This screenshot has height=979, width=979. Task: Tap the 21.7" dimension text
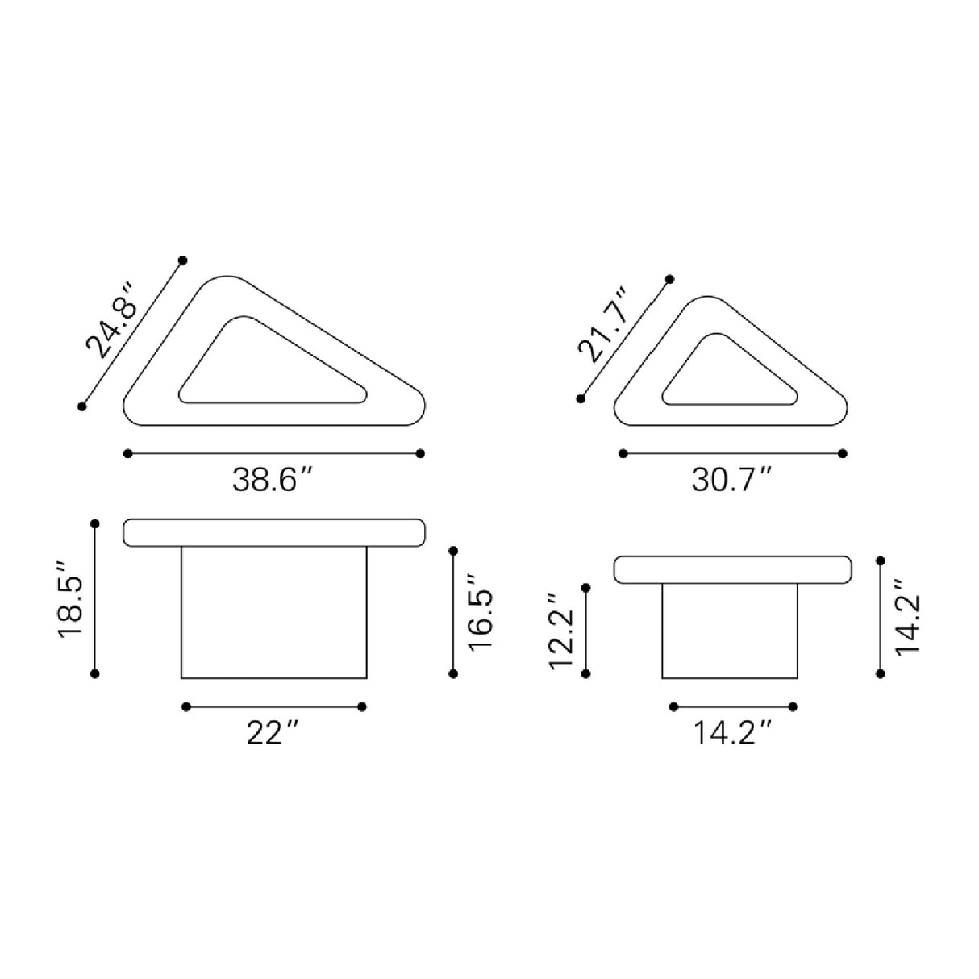click(603, 326)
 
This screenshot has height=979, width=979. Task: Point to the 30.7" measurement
click(731, 480)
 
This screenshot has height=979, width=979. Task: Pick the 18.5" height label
click(71, 599)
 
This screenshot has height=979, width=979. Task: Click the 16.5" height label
click(480, 612)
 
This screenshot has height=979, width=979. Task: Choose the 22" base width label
click(271, 733)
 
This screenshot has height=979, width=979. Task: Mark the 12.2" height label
click(561, 631)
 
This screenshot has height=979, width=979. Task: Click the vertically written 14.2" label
click(906, 617)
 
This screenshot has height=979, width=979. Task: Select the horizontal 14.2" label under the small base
click(732, 733)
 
